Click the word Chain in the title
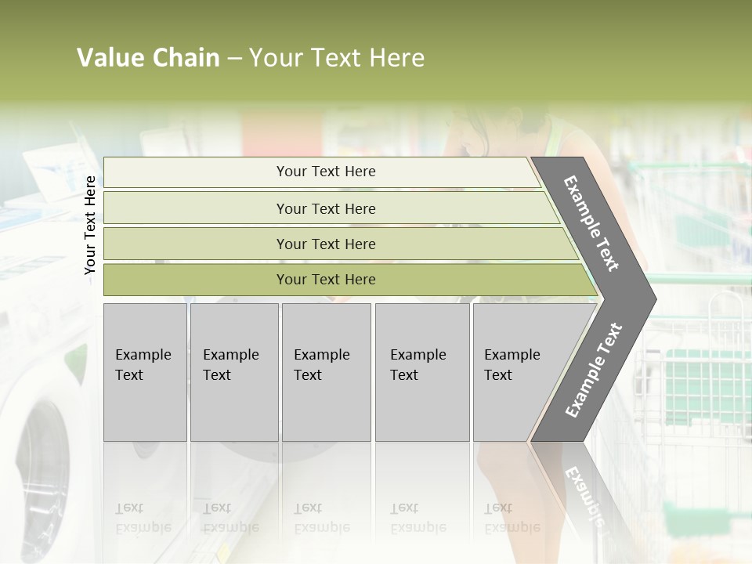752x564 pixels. point(186,58)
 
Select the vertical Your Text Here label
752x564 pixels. point(90,225)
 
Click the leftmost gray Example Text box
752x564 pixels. point(145,372)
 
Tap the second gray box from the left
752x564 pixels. point(234,372)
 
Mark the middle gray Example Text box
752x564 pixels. point(326,372)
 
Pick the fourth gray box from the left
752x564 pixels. point(422,372)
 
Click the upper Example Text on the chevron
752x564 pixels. point(591,223)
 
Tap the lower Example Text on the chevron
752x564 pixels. point(594,370)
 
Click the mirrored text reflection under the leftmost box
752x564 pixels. point(145,518)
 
